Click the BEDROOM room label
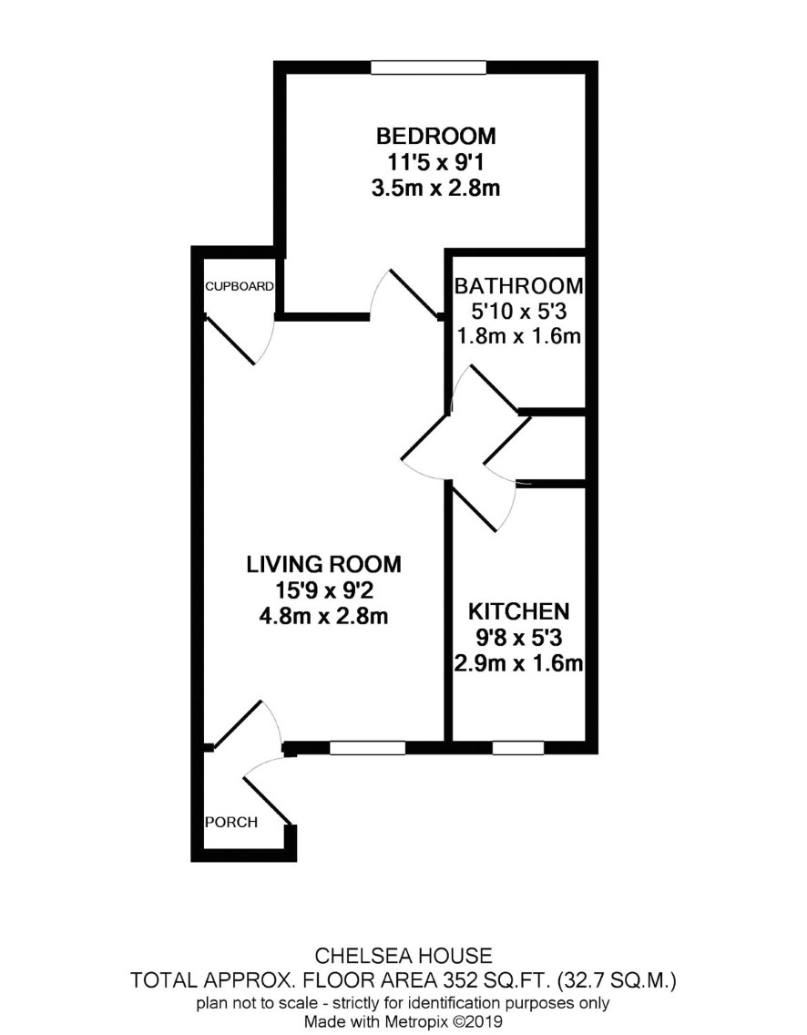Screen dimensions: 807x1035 [435, 136]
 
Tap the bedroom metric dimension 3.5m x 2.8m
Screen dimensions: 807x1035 [435, 188]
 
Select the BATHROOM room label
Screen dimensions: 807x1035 [518, 286]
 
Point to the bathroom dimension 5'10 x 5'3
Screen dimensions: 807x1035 [518, 311]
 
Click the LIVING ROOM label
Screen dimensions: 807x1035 [323, 564]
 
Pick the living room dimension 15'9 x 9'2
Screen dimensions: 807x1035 [323, 590]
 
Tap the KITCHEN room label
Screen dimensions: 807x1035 [518, 612]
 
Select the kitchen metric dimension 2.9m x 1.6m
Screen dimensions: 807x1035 [518, 663]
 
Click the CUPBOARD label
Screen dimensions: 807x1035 [239, 286]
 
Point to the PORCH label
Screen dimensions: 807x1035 [231, 823]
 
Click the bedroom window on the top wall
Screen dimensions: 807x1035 [428, 67]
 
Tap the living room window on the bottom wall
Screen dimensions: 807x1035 [368, 748]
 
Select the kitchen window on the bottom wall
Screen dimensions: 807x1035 [518, 748]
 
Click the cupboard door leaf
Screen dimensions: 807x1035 [230, 340]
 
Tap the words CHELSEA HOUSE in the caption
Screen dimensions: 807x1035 [403, 956]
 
